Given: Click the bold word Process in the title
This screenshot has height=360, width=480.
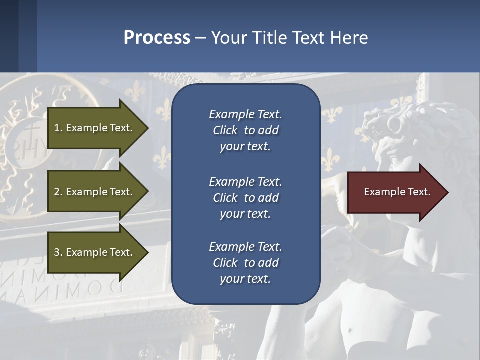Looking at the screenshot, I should coord(157,37).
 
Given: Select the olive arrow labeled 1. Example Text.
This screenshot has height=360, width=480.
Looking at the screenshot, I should coord(95,128).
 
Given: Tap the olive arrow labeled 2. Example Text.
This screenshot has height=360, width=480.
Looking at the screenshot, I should coord(95,191).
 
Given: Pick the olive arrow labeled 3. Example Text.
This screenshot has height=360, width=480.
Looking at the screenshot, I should coord(95,252).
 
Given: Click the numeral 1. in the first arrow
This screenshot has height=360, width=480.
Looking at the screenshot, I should coord(58,128).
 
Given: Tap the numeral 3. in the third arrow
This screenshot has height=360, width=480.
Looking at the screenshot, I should coord(58,252).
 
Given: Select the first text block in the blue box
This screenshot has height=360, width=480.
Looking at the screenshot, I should coord(245,130).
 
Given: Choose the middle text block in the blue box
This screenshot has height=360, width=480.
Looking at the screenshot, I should coord(245,197).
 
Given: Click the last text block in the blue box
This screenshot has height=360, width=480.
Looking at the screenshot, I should coord(245,262).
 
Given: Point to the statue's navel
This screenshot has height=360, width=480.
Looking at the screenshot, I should coord(349,330).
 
